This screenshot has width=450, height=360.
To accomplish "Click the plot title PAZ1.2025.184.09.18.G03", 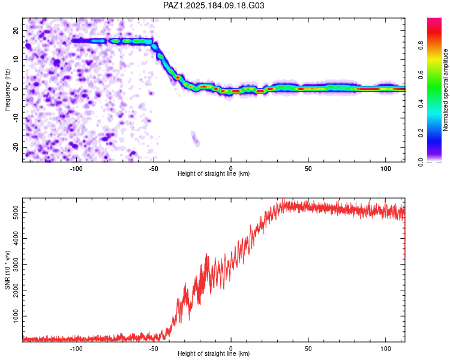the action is [214, 5].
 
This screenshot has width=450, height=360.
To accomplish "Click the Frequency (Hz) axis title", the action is [7, 90].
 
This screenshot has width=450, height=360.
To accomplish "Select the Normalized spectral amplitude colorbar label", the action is [445, 90].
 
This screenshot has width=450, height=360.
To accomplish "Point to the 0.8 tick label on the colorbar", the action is [421, 46].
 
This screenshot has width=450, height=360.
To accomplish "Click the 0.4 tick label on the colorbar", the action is [421, 104].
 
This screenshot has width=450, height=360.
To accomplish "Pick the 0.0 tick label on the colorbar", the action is [421, 162].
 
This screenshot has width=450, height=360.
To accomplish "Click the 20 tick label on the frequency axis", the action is [16, 31].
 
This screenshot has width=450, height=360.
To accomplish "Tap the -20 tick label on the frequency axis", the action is [16, 148].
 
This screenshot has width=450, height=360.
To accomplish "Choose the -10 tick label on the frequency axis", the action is [16, 118].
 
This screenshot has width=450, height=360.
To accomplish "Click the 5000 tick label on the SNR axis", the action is [16, 213].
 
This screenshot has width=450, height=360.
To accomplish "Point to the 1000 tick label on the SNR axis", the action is [16, 316].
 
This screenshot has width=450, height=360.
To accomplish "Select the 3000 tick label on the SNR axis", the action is [16, 265].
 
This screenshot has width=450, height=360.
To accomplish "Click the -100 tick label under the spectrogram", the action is [76, 169].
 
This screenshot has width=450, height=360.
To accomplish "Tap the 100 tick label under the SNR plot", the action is [385, 349].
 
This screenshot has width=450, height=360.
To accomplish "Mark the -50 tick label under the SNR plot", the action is [154, 349].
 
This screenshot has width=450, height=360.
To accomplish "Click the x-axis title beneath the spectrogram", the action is [214, 173].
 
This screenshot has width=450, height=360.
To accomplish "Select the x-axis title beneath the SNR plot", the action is [214, 353].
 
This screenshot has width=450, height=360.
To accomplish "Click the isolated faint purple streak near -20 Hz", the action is [196, 139].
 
